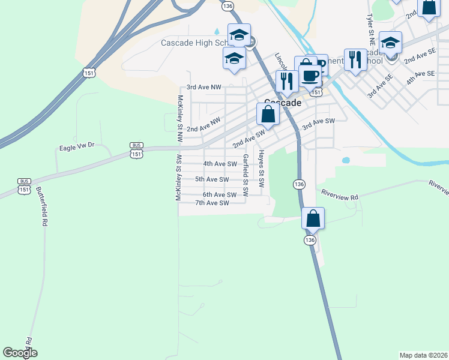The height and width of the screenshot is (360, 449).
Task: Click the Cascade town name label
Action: pos(283,103)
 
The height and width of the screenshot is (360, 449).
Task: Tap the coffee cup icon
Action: pos(310,76)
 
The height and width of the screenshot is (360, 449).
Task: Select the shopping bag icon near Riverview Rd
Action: pos(313,218)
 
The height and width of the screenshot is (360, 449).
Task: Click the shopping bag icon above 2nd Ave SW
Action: pos(268,113)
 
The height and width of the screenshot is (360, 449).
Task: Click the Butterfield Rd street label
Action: pos(41,205)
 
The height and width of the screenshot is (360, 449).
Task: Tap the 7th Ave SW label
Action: pos(212,203)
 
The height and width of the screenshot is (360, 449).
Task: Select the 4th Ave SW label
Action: pos(220,164)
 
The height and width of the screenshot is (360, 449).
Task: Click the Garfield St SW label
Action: pos(245,175)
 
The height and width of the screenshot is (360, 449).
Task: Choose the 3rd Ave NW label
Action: pos(203,87)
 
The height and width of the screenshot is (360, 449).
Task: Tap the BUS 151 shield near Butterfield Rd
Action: pos(24,185)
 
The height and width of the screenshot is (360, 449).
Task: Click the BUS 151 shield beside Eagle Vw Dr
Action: pos(137,150)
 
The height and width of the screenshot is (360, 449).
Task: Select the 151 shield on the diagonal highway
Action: pos(88,72)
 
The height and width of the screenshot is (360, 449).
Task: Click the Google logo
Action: pos(20,353)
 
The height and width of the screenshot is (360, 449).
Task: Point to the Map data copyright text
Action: pos(423,355)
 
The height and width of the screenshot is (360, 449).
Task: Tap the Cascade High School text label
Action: pos(194,43)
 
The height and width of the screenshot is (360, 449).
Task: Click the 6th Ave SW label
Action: pos(219,194)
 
